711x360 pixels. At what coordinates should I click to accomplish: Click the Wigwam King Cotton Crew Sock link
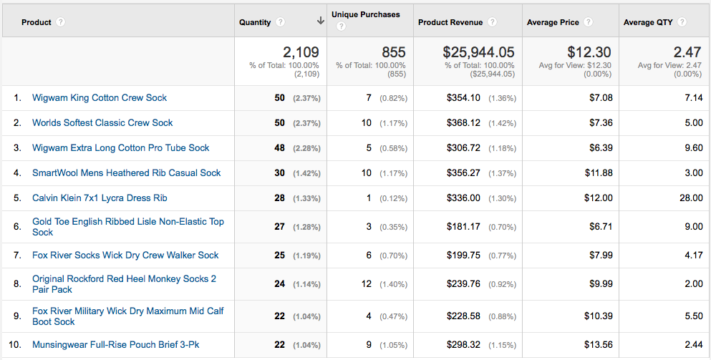coord(100,98)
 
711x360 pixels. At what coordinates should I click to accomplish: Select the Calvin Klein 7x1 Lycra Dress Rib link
coord(100,198)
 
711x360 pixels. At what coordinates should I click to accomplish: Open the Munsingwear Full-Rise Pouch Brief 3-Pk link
coord(115,345)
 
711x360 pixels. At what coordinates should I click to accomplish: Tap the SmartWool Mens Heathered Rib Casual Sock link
coord(127,173)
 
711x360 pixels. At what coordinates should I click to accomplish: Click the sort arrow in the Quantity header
coord(321,21)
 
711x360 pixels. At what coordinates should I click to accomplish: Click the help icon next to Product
coord(60,21)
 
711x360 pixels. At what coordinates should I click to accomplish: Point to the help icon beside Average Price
coord(589,21)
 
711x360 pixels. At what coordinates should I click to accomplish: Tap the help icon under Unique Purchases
coord(341,26)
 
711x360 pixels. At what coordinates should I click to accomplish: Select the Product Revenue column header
coord(450,22)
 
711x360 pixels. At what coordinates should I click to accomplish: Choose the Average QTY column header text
coord(648,22)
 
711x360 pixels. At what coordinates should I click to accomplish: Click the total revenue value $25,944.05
coord(479,52)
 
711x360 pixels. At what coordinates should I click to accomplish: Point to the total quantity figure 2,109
coord(301,52)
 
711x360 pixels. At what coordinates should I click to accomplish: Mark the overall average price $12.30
coord(589,52)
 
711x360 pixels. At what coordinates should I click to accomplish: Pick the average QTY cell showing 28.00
coord(691,198)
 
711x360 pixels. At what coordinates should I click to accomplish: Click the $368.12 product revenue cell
coord(463,123)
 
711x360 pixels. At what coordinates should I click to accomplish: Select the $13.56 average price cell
coord(599,345)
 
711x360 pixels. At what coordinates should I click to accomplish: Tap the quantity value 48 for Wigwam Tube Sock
coord(280,148)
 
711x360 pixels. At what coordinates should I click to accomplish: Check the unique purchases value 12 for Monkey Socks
coord(367,284)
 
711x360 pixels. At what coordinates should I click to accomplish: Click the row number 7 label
coord(17,256)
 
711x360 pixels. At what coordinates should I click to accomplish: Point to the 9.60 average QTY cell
coord(694,148)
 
